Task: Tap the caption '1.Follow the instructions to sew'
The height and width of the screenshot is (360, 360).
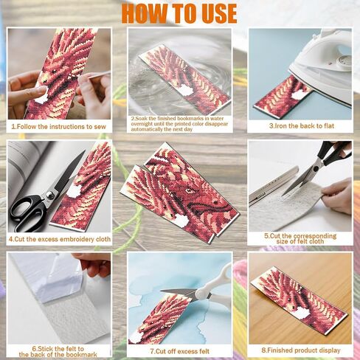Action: coord(58,127)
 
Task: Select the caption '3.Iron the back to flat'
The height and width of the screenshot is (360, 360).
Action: coord(302,126)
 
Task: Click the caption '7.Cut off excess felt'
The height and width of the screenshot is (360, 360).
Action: coord(180,351)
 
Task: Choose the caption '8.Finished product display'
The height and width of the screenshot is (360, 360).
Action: coord(301,350)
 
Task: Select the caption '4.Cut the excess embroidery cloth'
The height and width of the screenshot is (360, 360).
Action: coord(60,239)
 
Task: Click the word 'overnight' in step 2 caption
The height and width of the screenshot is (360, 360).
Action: coord(142,124)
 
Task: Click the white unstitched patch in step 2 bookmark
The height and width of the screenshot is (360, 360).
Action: coord(186,90)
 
